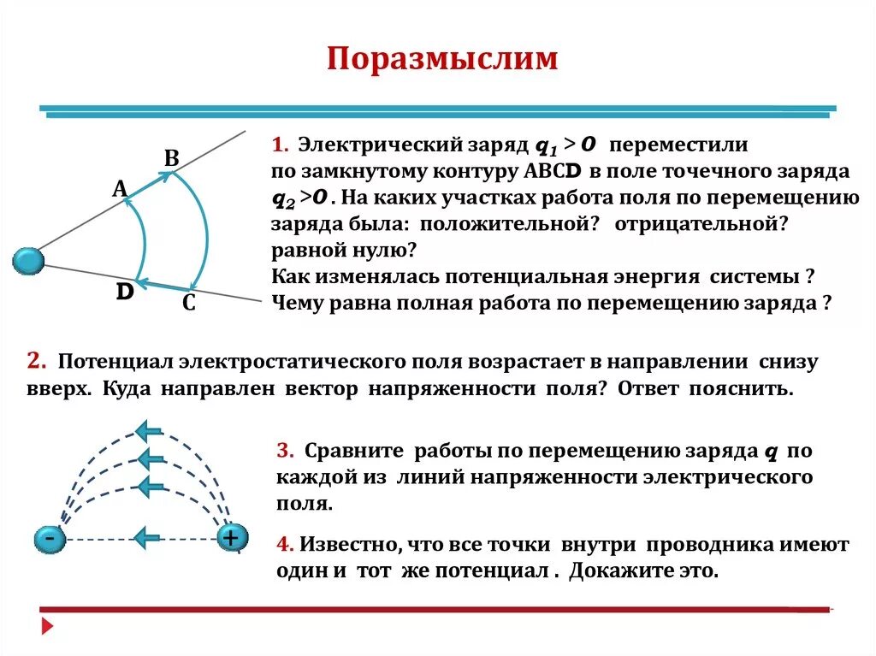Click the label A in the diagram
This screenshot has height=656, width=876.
point(120,189)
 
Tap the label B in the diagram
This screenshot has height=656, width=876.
point(171,158)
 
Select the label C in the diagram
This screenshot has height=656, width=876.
point(189,302)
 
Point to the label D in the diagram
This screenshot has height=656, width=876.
point(126,293)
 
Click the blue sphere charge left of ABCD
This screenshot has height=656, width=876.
point(28,261)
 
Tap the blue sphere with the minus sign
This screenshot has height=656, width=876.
point(50,539)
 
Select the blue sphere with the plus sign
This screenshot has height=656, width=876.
point(231,537)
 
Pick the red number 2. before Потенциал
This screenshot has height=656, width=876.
point(37,361)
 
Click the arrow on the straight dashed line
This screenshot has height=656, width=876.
point(148,537)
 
